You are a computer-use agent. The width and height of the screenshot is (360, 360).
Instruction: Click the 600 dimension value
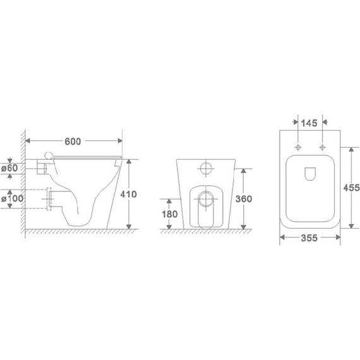73,141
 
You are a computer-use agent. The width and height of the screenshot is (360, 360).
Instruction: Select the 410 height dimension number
129,195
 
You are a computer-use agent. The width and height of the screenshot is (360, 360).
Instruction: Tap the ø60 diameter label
9,168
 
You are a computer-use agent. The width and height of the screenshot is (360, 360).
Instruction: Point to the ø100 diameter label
12,198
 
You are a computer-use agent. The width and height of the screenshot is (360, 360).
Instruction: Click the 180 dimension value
170,214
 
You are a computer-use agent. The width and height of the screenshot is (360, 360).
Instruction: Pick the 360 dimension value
244,199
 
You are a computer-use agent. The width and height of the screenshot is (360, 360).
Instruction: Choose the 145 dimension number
309,123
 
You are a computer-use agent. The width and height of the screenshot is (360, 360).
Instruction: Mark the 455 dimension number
351,188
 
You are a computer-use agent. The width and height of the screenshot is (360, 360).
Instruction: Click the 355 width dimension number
309,238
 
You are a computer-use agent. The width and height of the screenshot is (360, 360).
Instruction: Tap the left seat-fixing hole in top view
298,147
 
